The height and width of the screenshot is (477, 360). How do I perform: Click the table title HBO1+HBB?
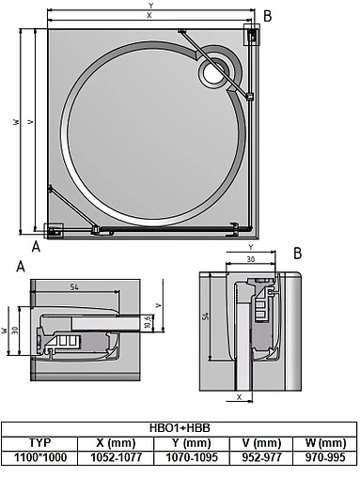[x=179, y=427]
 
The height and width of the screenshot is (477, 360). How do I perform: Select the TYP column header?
[x=39, y=442]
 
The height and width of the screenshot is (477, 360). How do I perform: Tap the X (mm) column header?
[x=117, y=442]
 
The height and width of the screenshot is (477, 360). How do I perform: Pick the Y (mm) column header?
[x=196, y=442]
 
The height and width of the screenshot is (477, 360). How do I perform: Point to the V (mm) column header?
[x=264, y=442]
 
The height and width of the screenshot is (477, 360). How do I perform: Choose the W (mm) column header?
[x=325, y=442]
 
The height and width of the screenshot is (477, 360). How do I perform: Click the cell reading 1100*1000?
[x=39, y=457]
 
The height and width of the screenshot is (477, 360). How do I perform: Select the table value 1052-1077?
[x=117, y=457]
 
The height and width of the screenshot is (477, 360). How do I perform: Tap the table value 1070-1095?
[x=196, y=457]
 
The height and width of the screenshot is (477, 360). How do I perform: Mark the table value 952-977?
[x=264, y=457]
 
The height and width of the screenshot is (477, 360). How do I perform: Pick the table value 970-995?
[x=325, y=457]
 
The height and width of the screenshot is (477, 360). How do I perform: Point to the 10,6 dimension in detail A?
[x=149, y=323]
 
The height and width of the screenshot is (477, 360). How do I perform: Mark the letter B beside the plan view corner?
[x=267, y=15]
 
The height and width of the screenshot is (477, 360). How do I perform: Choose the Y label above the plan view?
[x=150, y=5]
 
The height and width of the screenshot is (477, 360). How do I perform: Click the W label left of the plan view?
[x=16, y=122]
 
